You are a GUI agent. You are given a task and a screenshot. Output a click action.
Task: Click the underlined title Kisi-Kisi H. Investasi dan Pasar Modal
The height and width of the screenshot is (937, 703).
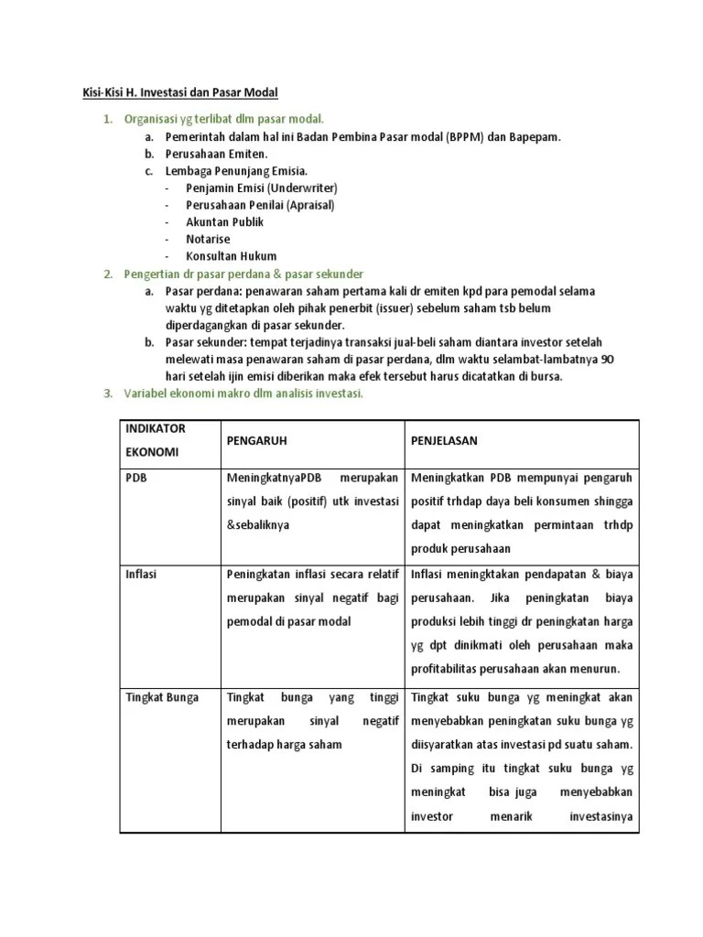pos(174,92)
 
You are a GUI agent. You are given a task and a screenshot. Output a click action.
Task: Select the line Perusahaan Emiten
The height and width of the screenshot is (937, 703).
pos(216,154)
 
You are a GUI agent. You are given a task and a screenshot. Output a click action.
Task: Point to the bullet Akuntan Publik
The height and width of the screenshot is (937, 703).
pos(224,221)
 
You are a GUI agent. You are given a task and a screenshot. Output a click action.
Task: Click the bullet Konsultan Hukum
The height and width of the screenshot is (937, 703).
pos(231,256)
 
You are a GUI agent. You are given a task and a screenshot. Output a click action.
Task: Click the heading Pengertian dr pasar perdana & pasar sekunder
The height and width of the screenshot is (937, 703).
pos(243,274)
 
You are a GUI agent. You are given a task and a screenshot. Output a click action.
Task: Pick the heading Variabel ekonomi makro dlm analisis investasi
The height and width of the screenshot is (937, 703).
pos(243,393)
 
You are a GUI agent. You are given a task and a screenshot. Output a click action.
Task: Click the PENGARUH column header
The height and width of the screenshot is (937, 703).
pos(256,441)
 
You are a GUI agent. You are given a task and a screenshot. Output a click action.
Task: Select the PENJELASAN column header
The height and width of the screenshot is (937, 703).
pos(445,441)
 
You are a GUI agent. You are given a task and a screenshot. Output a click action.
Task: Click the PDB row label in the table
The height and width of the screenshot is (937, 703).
pos(135,478)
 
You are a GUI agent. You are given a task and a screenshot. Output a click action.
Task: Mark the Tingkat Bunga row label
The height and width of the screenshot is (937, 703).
pos(161,697)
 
